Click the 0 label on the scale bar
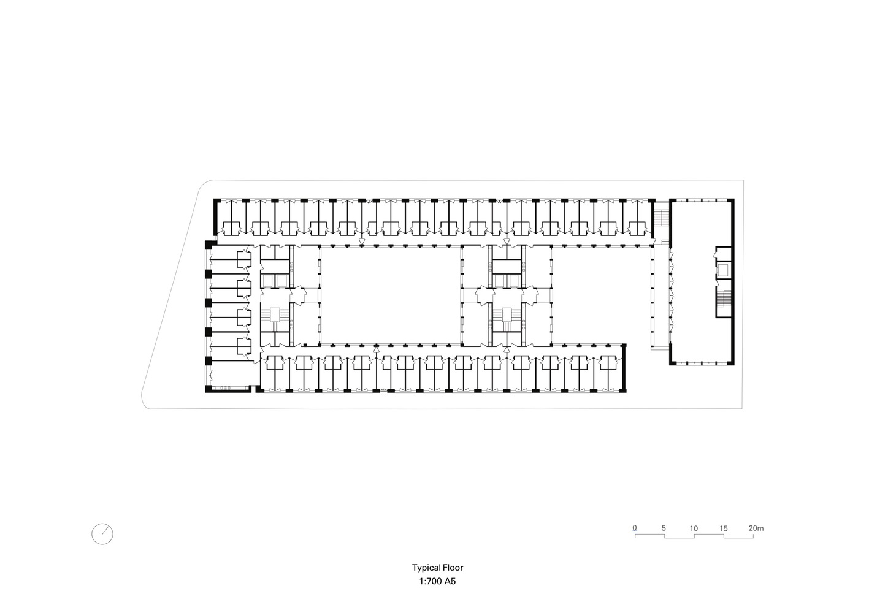click(x=635, y=528)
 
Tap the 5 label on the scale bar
click(x=664, y=528)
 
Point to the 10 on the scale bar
click(x=694, y=528)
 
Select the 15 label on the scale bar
click(x=724, y=528)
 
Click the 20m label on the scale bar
click(x=756, y=528)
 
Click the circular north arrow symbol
click(x=102, y=534)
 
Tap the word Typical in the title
click(x=425, y=568)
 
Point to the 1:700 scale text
click(x=431, y=582)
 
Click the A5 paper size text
click(x=450, y=582)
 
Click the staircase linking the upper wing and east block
click(x=662, y=219)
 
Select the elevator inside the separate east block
click(x=723, y=270)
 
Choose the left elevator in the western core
click(x=268, y=281)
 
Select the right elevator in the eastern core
click(x=514, y=281)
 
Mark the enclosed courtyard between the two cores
click(x=391, y=295)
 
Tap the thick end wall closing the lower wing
click(x=624, y=368)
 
